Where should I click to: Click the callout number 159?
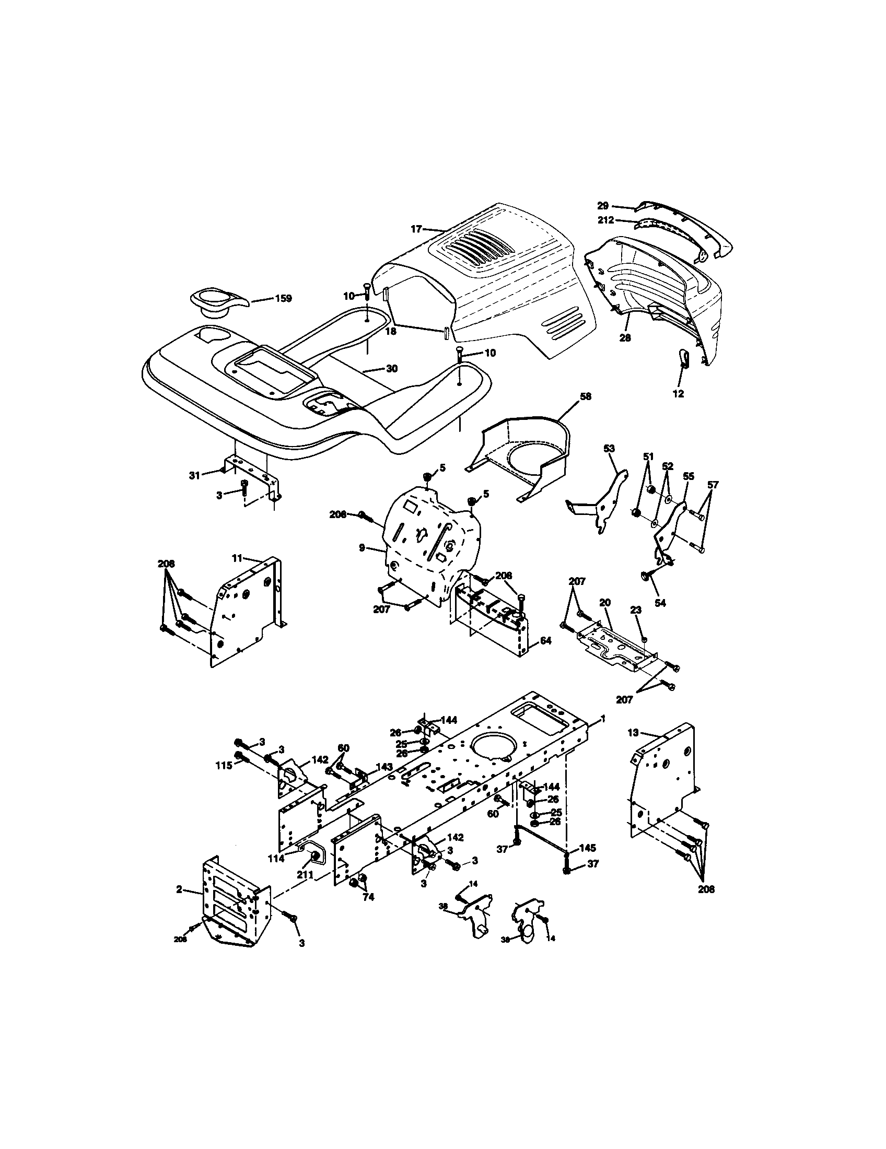[x=283, y=298]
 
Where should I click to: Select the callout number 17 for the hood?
[x=416, y=229]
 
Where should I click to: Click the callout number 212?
[x=605, y=220]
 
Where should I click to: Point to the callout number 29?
[x=603, y=206]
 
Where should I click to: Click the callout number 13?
[x=633, y=732]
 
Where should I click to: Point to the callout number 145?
[x=587, y=848]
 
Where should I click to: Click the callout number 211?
[x=305, y=875]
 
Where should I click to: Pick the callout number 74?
[x=368, y=897]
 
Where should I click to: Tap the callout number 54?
[x=660, y=603]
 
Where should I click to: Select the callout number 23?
[x=636, y=609]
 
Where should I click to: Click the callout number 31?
[x=195, y=475]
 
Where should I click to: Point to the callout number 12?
[x=679, y=393]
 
